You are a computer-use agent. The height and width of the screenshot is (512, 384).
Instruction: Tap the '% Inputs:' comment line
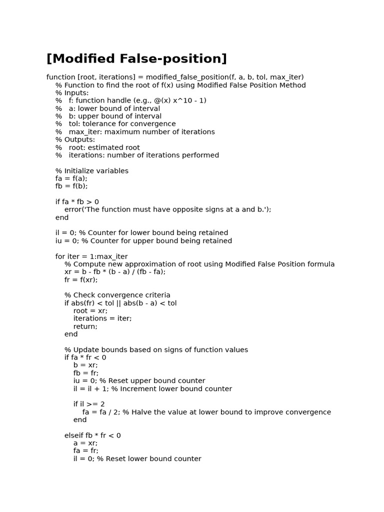(72, 93)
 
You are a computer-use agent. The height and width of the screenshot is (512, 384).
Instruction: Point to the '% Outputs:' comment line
(75, 139)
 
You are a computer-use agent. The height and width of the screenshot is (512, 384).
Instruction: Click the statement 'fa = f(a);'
(71, 178)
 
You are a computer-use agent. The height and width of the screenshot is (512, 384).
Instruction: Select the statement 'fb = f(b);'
(71, 186)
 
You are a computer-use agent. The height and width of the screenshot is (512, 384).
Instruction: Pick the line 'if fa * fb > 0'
(77, 202)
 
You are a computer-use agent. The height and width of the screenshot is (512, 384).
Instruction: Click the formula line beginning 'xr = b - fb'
(115, 272)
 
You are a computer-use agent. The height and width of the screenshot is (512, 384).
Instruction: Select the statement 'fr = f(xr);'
(81, 280)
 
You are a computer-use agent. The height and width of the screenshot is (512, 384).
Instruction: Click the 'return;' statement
(85, 326)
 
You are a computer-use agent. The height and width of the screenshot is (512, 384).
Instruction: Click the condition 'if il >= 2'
(89, 404)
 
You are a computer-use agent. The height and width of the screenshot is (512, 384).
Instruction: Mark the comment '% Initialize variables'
(92, 171)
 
